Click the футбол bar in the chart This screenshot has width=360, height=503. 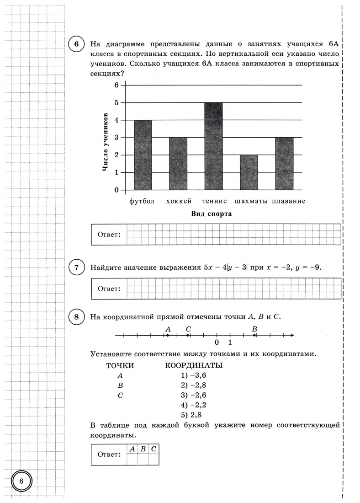[143, 155]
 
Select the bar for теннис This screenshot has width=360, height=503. [213, 146]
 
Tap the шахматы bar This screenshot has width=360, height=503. [249, 172]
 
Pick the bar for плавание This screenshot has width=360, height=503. [284, 163]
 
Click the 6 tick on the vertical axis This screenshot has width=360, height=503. [116, 85]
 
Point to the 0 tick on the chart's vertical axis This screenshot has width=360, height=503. [116, 190]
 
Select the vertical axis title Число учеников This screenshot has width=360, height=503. [106, 142]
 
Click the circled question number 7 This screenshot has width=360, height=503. [76, 268]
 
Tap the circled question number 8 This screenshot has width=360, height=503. [76, 316]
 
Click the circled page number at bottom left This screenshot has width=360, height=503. [21, 481]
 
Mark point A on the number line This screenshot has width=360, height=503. [168, 336]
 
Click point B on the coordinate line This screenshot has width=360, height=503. [254, 336]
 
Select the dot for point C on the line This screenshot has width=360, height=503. [188, 336]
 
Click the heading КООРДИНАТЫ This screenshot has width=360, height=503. [193, 365]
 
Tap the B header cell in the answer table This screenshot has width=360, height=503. [143, 449]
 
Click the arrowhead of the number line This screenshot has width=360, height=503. [291, 336]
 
